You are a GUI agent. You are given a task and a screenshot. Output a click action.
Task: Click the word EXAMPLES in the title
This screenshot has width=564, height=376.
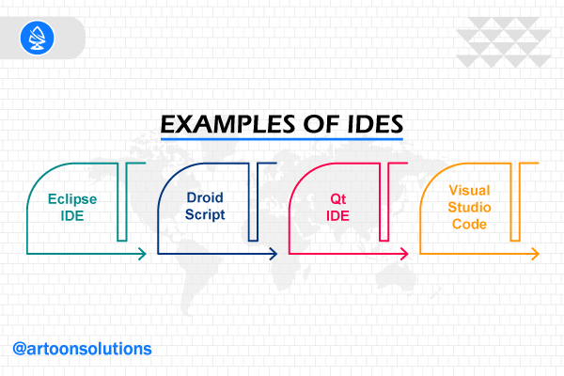(x=227, y=124)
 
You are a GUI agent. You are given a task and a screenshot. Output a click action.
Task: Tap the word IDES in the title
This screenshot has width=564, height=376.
(x=375, y=124)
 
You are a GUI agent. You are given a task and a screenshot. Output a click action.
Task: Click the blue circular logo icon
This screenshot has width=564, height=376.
(x=37, y=38)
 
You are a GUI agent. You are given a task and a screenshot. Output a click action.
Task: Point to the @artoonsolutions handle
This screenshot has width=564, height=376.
(x=82, y=349)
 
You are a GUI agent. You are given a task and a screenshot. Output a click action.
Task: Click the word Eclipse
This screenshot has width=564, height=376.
(x=72, y=199)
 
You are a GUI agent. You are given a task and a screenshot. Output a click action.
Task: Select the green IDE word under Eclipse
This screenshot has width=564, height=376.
(x=72, y=216)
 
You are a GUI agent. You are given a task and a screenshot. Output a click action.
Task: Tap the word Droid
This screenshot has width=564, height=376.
(x=205, y=197)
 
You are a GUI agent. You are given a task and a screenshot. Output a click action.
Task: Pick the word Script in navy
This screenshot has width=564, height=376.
(x=205, y=214)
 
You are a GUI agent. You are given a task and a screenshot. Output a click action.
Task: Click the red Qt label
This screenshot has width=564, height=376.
(x=338, y=199)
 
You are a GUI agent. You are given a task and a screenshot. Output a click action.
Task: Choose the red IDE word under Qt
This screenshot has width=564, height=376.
(x=337, y=216)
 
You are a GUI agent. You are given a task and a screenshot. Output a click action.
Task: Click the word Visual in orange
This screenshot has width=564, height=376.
(x=469, y=190)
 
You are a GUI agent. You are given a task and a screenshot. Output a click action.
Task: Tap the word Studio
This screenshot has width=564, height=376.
(x=469, y=207)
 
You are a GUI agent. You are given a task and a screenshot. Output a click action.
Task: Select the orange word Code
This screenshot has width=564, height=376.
(x=469, y=224)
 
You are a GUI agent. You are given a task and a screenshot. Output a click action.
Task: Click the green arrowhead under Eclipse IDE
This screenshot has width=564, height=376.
(x=143, y=254)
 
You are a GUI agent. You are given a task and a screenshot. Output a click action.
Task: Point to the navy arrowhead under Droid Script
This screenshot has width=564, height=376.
(x=274, y=254)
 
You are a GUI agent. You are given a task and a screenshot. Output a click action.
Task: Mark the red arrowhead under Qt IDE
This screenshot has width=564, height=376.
(x=404, y=254)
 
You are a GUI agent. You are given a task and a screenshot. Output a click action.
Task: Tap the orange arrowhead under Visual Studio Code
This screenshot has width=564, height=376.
(x=536, y=254)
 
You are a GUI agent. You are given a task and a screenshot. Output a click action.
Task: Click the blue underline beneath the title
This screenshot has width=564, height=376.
(x=282, y=139)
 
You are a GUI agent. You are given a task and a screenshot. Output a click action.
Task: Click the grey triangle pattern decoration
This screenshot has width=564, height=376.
(x=504, y=42)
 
